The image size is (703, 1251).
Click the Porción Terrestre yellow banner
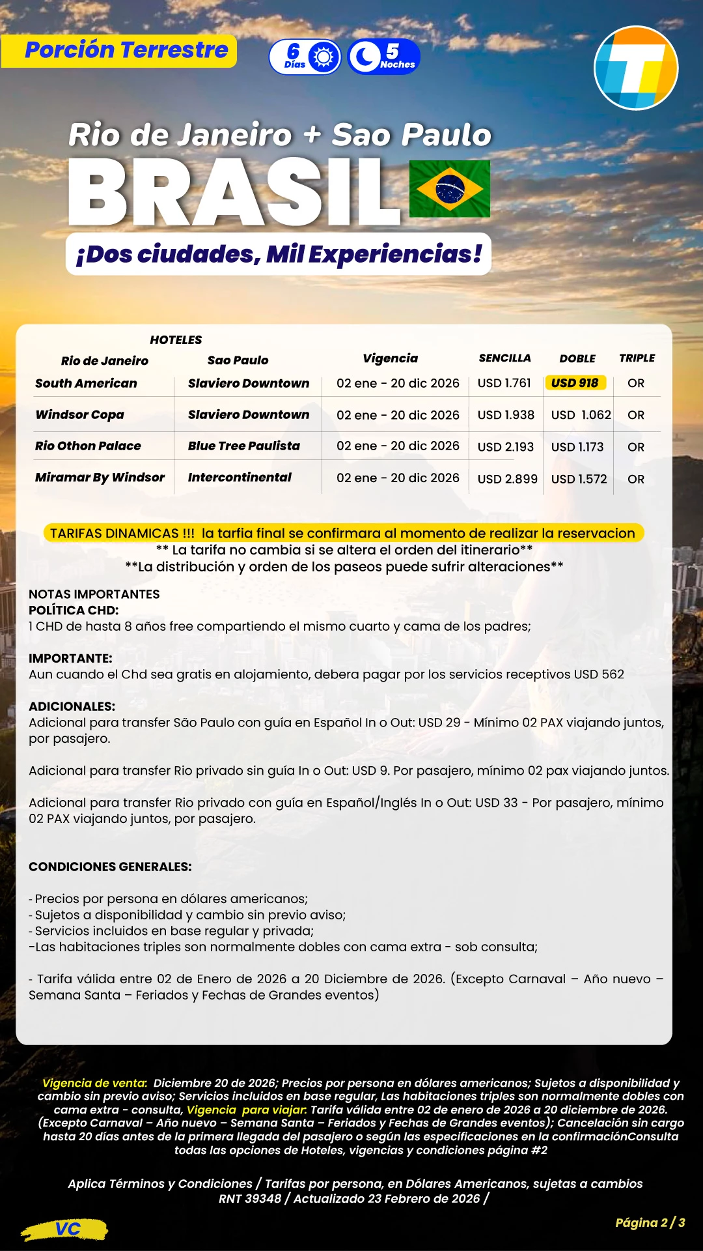coord(119,51)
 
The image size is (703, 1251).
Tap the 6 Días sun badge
coord(305,57)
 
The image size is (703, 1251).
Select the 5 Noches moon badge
coord(384,57)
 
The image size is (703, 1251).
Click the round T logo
coord(636,68)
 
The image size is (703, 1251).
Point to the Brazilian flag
coord(449,189)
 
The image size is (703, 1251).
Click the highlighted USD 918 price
coord(575,383)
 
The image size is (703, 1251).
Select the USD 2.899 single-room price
coord(507,479)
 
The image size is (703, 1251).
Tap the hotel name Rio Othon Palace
coord(88,446)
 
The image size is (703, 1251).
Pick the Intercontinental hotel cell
coord(240,477)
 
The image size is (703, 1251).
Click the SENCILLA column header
coord(504,358)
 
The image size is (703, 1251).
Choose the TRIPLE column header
coord(637,358)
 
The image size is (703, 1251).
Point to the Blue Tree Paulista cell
coord(243,446)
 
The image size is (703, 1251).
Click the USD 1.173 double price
coord(577,447)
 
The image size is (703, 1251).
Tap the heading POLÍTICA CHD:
coord(74,610)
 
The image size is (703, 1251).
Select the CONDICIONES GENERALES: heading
coord(110,867)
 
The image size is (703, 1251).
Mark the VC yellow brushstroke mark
coord(66,1229)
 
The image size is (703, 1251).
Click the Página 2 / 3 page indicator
coord(650,1222)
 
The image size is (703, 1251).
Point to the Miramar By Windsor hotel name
coord(100,477)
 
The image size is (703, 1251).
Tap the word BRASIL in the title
coord(234,193)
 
